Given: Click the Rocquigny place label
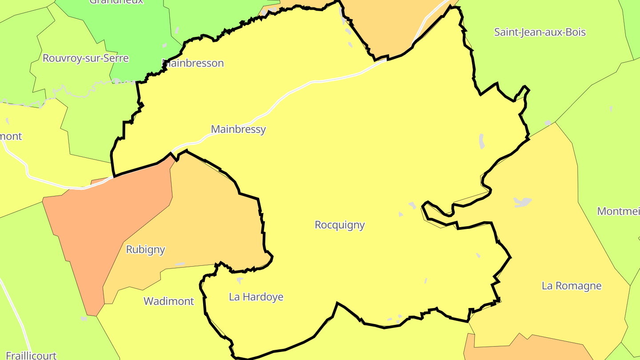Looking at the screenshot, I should (340, 225).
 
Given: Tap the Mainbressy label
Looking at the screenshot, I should (238, 129).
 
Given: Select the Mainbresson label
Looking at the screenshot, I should (193, 63).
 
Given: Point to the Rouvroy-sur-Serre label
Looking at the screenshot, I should (85, 58).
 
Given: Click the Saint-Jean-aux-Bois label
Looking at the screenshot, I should (540, 32).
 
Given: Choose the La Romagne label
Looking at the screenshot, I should (571, 286).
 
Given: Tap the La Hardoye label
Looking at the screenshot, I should (256, 297).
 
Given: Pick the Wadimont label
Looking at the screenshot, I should (168, 301).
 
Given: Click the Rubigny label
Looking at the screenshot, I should (145, 249).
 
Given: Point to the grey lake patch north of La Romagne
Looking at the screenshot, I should (523, 202).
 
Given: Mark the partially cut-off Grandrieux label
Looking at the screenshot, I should (116, 2).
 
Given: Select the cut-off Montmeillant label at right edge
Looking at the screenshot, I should (618, 211).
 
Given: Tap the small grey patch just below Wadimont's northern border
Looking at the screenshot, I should (180, 264).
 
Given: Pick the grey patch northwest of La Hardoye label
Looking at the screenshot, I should (240, 280).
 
